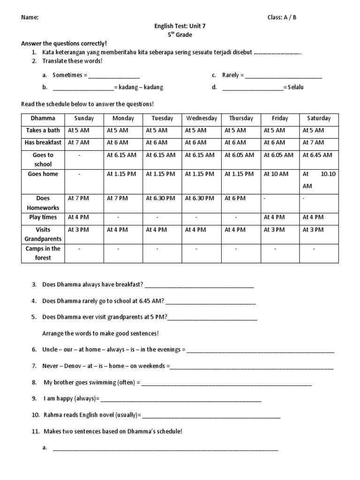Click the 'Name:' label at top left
[30, 17]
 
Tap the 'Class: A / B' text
[282, 17]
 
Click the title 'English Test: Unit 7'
[180, 26]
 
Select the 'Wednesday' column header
[201, 119]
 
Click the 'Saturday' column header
[319, 119]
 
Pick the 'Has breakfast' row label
[43, 142]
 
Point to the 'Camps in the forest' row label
[43, 253]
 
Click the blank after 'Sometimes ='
[114, 75]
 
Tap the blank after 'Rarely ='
[284, 75]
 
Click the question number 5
[34, 317]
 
